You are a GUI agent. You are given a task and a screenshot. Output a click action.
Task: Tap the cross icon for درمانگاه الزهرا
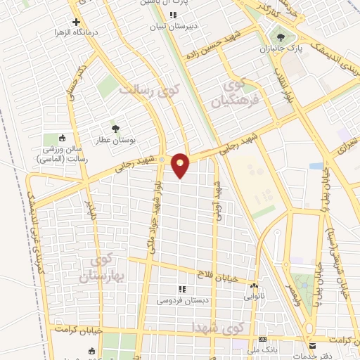76,22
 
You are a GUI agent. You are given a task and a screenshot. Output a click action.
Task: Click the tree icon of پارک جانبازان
282,37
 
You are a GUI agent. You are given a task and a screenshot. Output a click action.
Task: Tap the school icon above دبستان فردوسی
182,289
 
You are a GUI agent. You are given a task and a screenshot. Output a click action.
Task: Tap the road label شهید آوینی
218,199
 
